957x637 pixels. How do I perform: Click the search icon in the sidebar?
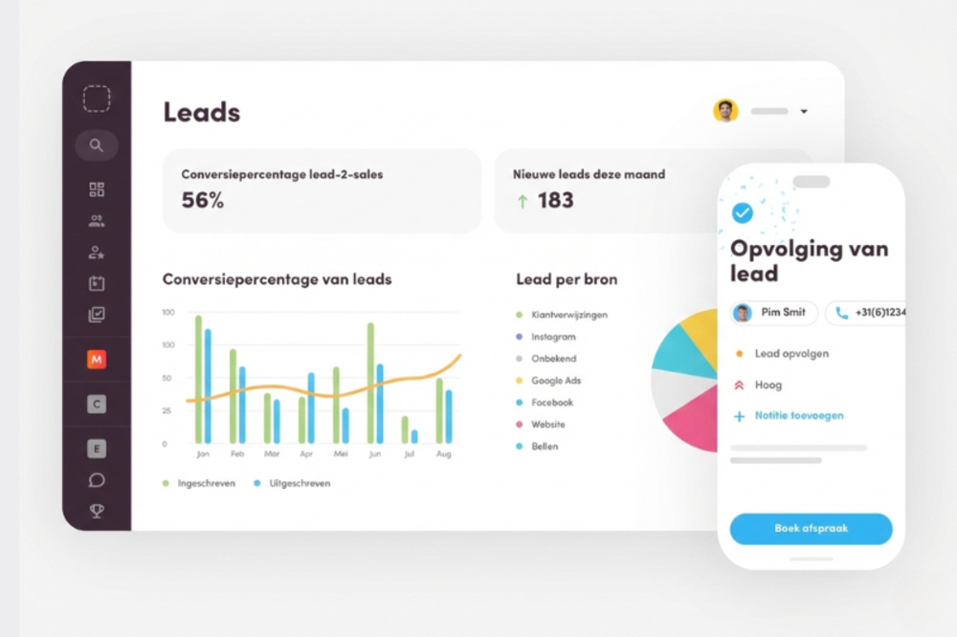[96, 145]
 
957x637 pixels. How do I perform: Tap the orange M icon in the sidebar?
[96, 360]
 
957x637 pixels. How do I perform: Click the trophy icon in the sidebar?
[96, 510]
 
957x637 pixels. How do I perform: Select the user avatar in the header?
[725, 111]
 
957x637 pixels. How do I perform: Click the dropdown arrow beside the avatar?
[804, 112]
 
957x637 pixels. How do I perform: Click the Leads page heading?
[201, 112]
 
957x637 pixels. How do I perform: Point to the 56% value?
[202, 200]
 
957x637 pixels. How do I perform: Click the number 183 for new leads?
[555, 200]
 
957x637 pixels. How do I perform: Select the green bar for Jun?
[370, 383]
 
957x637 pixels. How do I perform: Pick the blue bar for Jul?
[414, 436]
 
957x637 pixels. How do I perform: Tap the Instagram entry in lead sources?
[553, 337]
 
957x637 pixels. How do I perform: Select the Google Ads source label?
[556, 381]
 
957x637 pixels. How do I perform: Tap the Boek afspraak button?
[811, 528]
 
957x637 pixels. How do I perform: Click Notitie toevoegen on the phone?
[798, 416]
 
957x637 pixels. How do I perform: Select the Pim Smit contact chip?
[774, 313]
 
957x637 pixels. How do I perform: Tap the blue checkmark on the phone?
[742, 212]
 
